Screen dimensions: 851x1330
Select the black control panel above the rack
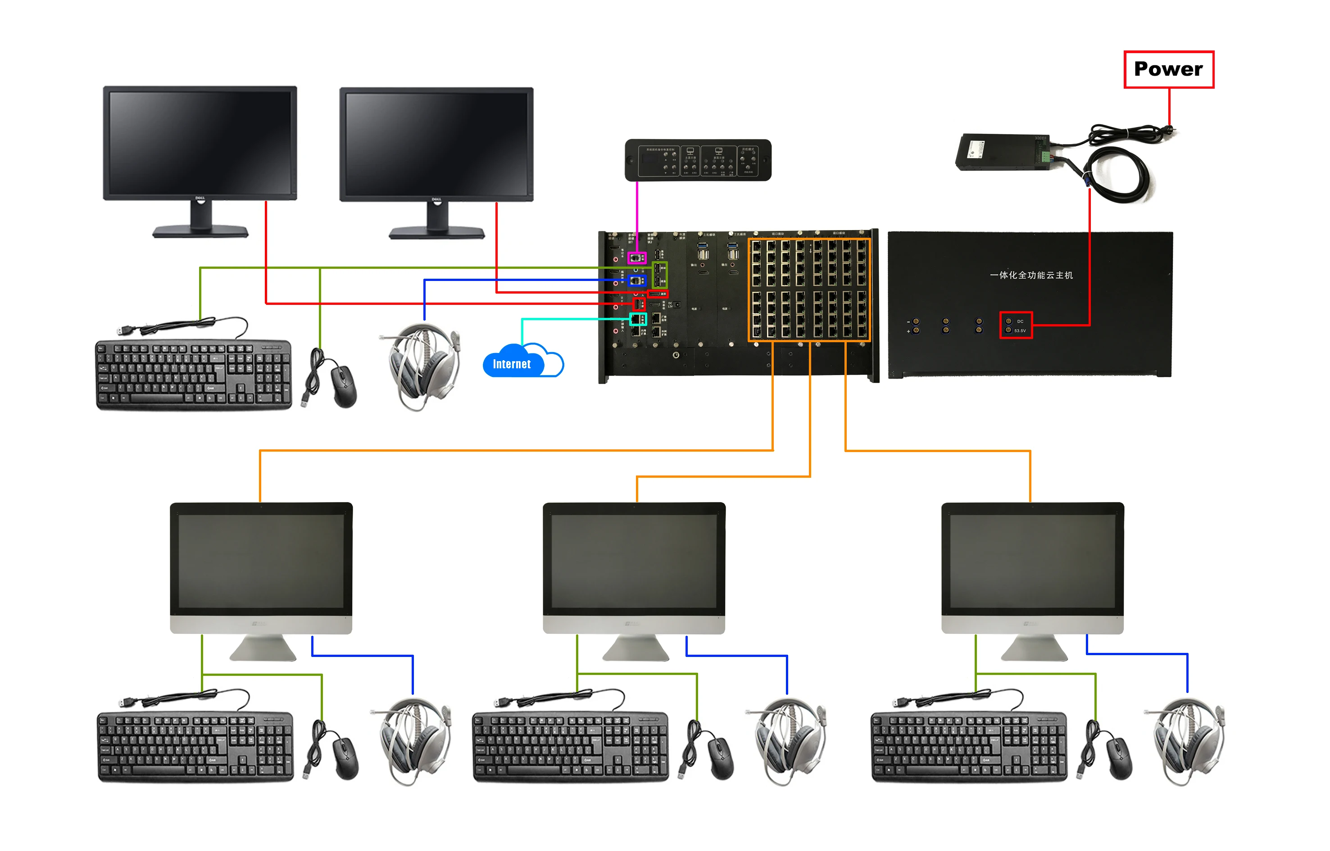coord(698,160)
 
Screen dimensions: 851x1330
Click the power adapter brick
coord(1001,152)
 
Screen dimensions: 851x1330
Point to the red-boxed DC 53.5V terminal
coord(1016,326)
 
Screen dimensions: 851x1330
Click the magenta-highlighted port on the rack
coord(637,258)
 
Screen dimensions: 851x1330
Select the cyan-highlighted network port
coord(638,319)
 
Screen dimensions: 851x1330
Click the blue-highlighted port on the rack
coord(637,281)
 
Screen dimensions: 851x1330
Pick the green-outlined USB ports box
coord(659,275)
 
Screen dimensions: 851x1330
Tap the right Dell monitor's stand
coord(437,224)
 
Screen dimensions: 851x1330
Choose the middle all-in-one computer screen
coord(634,561)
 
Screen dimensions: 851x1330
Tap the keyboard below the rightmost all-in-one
coord(968,747)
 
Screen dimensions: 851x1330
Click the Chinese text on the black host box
coord(1031,275)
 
